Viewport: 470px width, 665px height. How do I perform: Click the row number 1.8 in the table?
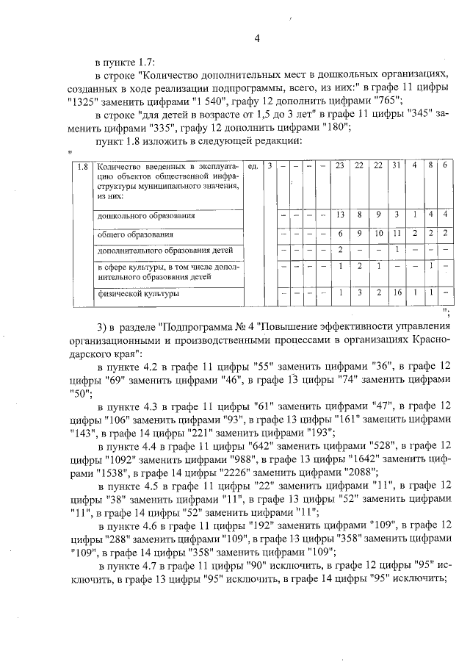(84, 166)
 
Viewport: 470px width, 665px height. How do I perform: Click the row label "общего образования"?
(137, 234)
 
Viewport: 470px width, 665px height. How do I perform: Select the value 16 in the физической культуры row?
(395, 293)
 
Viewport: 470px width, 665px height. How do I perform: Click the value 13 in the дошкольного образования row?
(340, 215)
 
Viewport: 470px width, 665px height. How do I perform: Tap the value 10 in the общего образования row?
(377, 234)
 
